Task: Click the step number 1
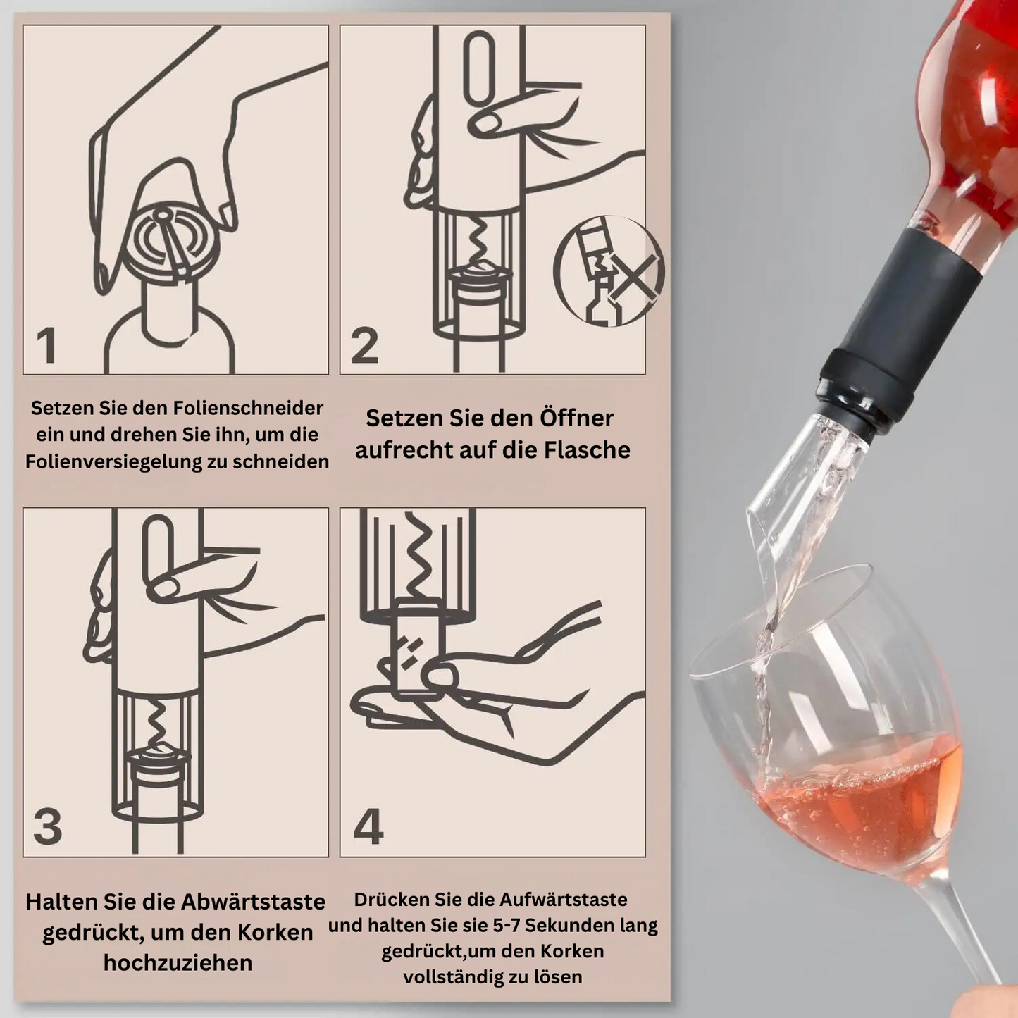click(x=47, y=345)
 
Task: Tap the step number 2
click(x=364, y=345)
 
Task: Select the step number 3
click(x=48, y=826)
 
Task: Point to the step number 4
click(x=368, y=826)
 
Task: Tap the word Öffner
click(x=577, y=418)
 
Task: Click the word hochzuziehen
click(x=178, y=962)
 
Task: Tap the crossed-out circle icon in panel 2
click(x=609, y=271)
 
